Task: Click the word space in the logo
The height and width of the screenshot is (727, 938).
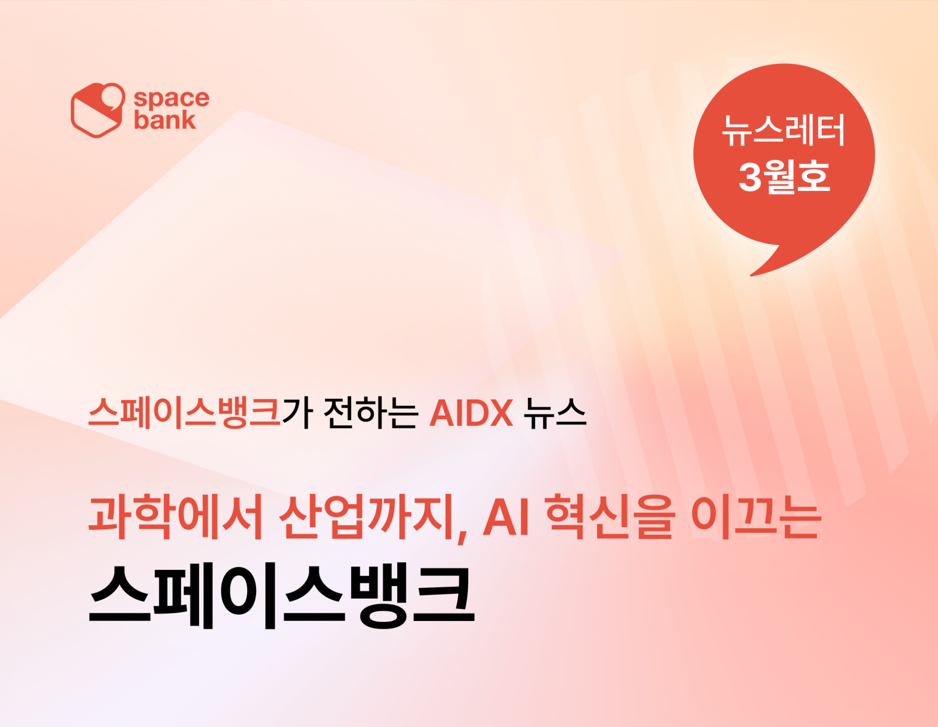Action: click(x=171, y=99)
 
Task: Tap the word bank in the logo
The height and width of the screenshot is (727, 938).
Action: click(x=165, y=120)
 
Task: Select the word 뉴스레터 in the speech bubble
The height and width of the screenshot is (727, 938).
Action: click(x=784, y=130)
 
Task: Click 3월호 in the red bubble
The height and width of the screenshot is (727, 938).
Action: click(x=784, y=176)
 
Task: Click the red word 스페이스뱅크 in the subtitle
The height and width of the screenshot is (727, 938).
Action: click(x=185, y=413)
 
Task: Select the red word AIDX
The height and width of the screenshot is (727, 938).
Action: click(x=471, y=413)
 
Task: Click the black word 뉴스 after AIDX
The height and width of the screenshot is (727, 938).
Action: click(x=555, y=413)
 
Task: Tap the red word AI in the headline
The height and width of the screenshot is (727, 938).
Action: click(x=506, y=517)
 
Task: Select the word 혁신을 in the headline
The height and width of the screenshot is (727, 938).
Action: click(x=610, y=516)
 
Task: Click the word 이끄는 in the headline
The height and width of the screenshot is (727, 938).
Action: click(x=756, y=516)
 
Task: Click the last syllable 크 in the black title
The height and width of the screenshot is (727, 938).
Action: click(x=444, y=596)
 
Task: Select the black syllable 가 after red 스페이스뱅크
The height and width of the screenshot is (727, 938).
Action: click(x=298, y=413)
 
